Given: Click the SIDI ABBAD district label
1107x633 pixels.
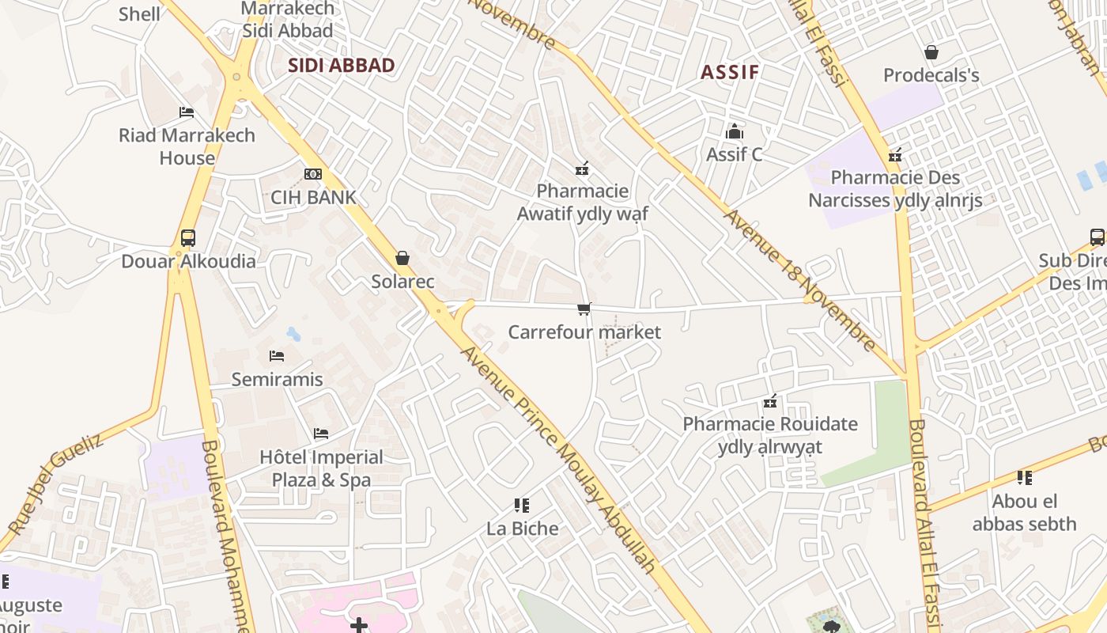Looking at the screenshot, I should (341, 66).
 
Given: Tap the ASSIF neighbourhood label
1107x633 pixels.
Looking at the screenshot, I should (729, 73).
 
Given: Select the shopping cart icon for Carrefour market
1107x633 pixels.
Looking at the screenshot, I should (584, 309).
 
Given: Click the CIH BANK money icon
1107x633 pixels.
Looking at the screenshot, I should (313, 174).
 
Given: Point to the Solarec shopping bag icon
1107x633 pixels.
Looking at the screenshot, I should (402, 258).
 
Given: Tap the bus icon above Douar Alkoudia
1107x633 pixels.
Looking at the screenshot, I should (188, 237).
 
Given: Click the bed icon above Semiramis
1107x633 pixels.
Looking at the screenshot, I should (276, 356).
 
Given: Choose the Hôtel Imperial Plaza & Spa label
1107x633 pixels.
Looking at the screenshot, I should (321, 468).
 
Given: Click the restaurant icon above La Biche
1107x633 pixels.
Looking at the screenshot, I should (521, 505).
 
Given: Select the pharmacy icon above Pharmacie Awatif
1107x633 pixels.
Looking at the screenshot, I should (582, 168).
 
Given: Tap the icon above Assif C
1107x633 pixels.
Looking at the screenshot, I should (735, 131).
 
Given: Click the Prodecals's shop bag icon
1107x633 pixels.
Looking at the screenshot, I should (931, 52).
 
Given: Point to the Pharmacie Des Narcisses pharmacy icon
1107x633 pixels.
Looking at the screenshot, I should (895, 155).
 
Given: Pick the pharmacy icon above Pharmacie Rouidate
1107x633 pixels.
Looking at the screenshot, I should (770, 401).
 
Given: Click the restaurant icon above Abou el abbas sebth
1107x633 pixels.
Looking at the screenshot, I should (1025, 477).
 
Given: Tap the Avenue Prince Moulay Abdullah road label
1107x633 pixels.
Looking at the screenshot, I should (558, 459).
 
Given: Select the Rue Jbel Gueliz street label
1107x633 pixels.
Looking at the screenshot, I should (55, 483).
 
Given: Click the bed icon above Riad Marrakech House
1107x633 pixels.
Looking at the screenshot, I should (187, 112).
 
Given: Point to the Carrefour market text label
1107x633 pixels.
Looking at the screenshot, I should (584, 332).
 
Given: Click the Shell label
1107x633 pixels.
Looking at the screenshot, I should (139, 14).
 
